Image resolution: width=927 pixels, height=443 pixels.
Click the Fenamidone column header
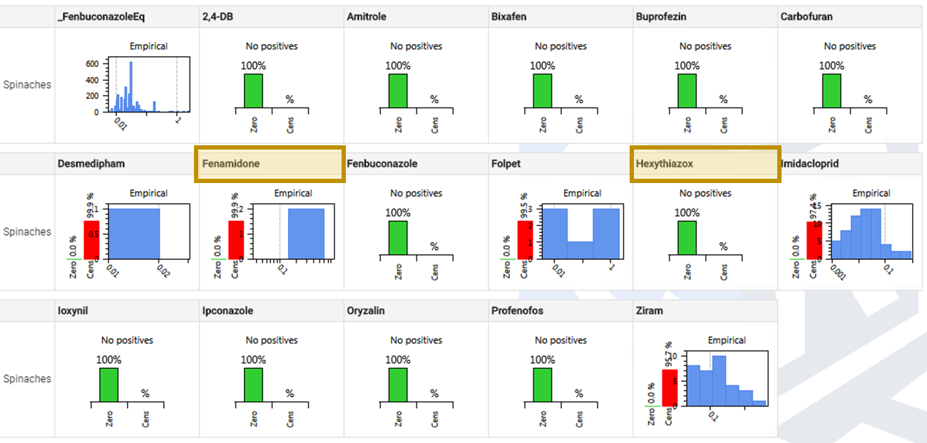tap(231, 164)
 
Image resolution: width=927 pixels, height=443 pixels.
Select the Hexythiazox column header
tap(665, 164)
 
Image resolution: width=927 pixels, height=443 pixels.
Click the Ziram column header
tap(648, 311)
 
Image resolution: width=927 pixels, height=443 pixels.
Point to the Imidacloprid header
tap(811, 164)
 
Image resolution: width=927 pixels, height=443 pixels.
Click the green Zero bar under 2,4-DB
tap(254, 90)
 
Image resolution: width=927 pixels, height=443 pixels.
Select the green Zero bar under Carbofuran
tap(831, 90)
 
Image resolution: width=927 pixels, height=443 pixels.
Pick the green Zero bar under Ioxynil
tap(108, 385)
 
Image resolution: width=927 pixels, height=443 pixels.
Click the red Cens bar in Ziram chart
tap(670, 388)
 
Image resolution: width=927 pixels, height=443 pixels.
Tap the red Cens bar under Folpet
tap(525, 240)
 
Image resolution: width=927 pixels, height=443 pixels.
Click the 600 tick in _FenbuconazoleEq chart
tap(92, 63)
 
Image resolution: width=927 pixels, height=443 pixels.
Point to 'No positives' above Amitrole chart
tap(416, 46)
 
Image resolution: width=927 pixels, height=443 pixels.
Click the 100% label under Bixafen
tap(543, 66)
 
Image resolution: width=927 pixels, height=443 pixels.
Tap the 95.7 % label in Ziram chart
tap(670, 355)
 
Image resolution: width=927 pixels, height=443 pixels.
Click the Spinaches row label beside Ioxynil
tap(27, 379)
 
